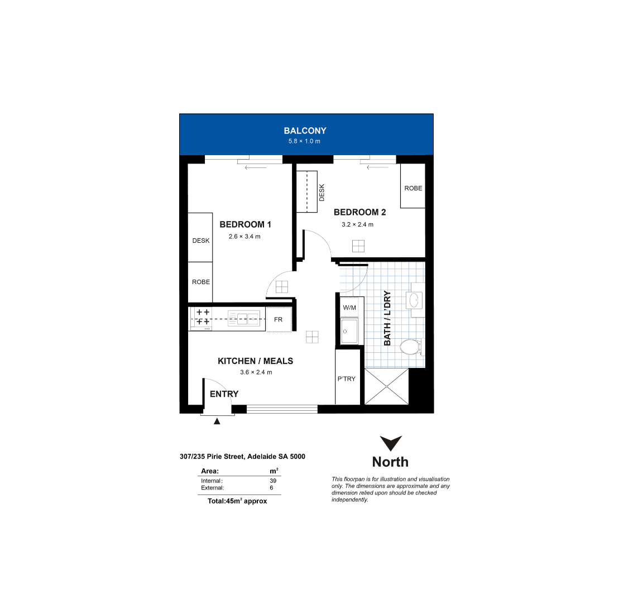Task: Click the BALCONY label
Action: pyautogui.click(x=305, y=131)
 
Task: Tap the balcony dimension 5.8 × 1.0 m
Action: pyautogui.click(x=304, y=141)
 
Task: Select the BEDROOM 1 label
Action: pyautogui.click(x=245, y=224)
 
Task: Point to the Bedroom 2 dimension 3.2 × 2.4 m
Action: pyautogui.click(x=358, y=224)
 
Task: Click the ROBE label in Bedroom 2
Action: pyautogui.click(x=413, y=188)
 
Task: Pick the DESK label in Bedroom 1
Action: pyautogui.click(x=201, y=241)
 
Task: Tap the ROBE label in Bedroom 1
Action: pyautogui.click(x=201, y=282)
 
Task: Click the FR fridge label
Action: pyautogui.click(x=278, y=319)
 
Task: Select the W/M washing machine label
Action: pyautogui.click(x=349, y=308)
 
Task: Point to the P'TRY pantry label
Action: pyautogui.click(x=347, y=379)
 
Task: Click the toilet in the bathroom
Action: pyautogui.click(x=411, y=347)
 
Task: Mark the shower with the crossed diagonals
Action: pyautogui.click(x=387, y=386)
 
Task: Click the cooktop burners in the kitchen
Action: pyautogui.click(x=203, y=317)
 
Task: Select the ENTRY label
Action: pyautogui.click(x=224, y=394)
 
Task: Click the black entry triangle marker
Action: pyautogui.click(x=217, y=421)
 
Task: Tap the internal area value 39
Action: pyautogui.click(x=273, y=481)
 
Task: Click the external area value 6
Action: pyautogui.click(x=271, y=488)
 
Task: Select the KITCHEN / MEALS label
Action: pyautogui.click(x=256, y=361)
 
